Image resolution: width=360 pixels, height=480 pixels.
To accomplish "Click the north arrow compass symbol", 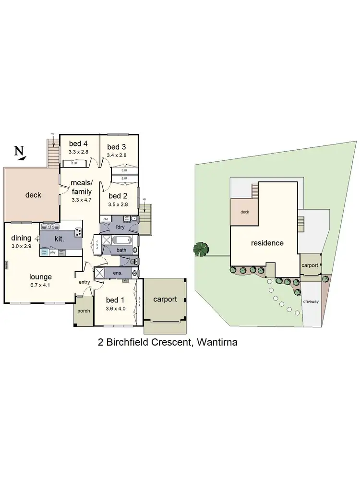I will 20,152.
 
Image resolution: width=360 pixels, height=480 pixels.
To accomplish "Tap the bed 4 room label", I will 78,144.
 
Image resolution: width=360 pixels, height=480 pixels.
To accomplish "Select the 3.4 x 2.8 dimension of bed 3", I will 117,155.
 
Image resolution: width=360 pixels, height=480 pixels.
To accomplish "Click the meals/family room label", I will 81,188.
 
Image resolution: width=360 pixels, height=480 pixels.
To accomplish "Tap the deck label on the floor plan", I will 33,195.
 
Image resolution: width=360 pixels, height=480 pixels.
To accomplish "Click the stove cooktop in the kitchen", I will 78,233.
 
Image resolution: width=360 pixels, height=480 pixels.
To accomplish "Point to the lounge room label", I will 40,276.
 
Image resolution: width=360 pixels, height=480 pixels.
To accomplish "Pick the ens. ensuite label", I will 118,273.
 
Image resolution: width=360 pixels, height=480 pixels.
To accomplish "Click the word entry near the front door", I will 84,282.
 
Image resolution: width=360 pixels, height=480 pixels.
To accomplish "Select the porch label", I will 84,311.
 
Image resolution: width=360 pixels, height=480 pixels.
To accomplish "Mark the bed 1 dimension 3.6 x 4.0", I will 116,309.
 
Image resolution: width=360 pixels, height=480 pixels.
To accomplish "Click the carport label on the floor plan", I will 165,299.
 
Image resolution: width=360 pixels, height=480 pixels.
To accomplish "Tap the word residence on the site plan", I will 267,243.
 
